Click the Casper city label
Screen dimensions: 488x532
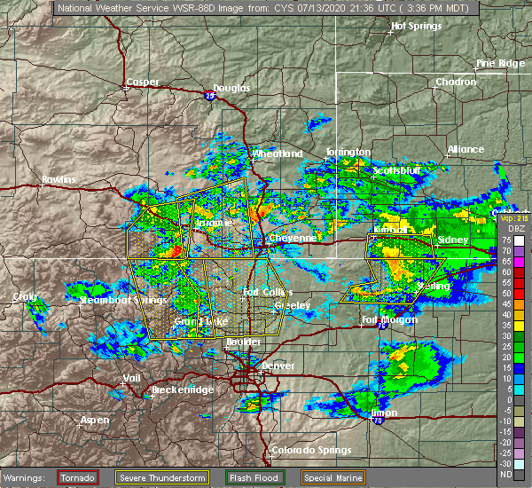[142, 82]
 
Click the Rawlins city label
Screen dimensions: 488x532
[59, 180]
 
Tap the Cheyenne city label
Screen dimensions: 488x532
[293, 238]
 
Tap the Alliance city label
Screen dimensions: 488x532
[465, 149]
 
